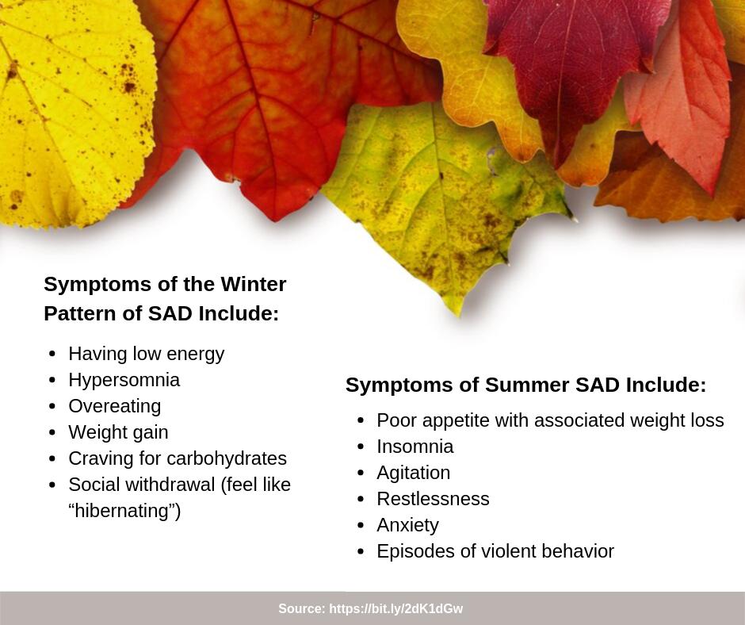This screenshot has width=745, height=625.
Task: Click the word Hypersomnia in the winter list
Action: click(x=124, y=380)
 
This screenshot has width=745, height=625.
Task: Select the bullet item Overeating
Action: click(x=114, y=406)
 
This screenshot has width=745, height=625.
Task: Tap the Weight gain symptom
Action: click(x=118, y=432)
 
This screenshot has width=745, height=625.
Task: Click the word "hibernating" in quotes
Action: click(x=124, y=511)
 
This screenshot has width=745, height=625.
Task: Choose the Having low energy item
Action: click(x=146, y=354)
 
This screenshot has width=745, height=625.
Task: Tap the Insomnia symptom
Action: click(x=415, y=447)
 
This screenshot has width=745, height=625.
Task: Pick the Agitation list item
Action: click(x=413, y=473)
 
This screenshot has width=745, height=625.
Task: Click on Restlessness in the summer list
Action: click(x=433, y=499)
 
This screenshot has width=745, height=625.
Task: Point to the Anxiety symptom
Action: click(x=407, y=525)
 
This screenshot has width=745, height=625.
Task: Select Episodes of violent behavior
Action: click(x=495, y=551)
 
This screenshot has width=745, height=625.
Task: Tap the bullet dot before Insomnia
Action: click(x=361, y=447)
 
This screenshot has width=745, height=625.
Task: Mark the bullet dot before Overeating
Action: click(x=52, y=407)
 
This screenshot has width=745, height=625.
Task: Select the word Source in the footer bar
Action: click(x=300, y=609)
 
